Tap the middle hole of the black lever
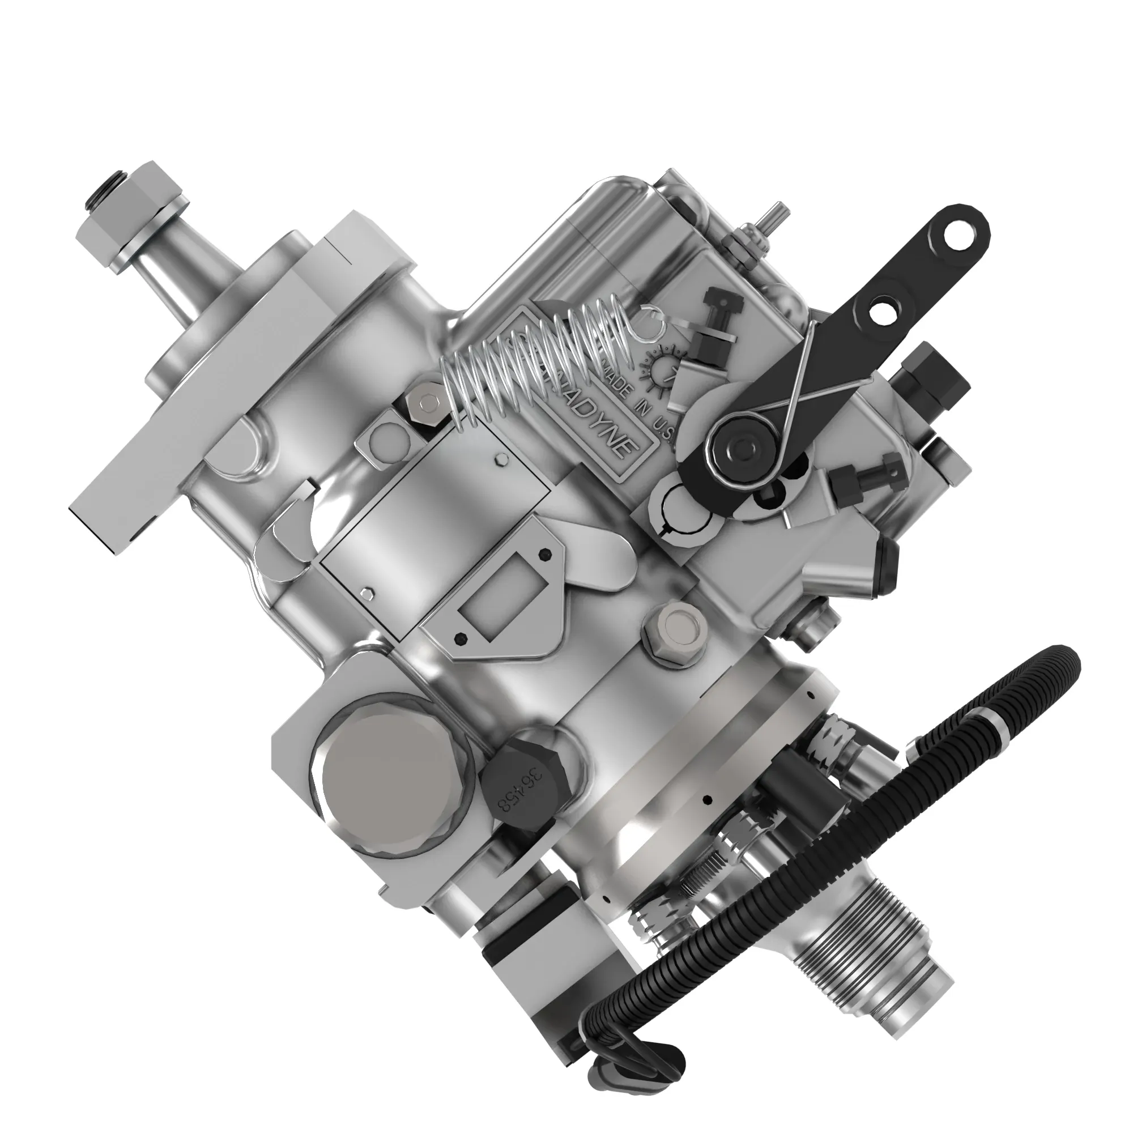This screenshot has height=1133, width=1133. tap(880, 312)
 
